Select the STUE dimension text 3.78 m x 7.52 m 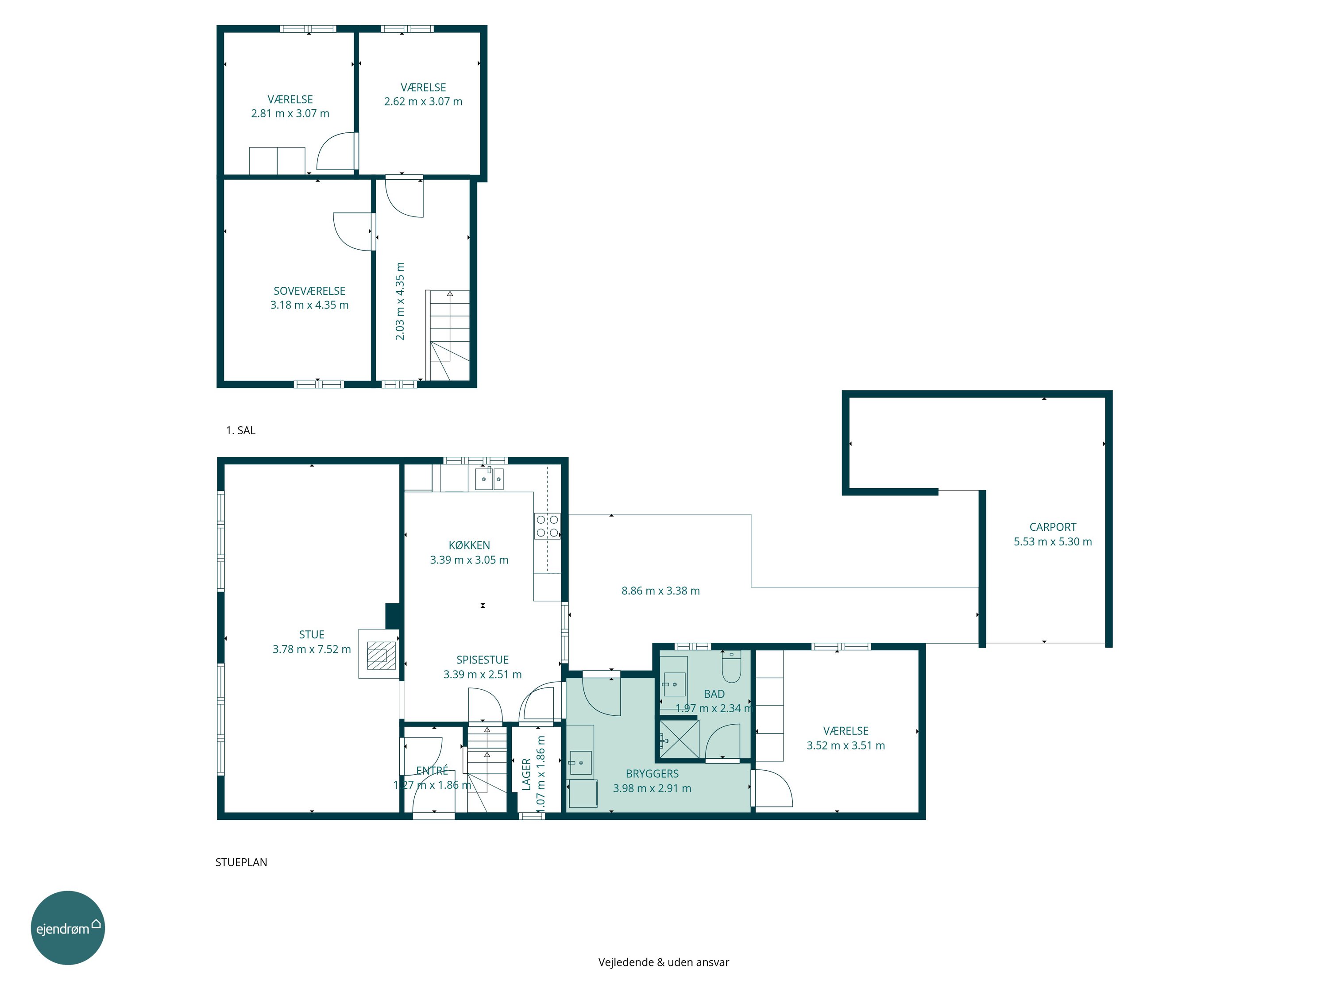[312, 649]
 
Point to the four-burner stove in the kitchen [548, 526]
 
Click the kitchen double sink [489, 479]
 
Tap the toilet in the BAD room [731, 666]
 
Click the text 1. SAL [241, 430]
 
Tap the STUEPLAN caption [241, 862]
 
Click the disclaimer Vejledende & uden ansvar [664, 962]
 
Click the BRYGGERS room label [652, 774]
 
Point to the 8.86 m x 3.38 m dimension [660, 591]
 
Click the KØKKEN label [470, 545]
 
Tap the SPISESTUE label [483, 660]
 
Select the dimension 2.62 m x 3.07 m [423, 101]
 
